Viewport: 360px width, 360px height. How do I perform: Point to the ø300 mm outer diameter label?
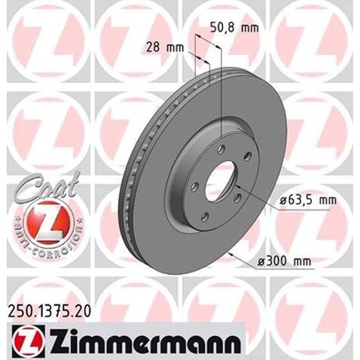(284, 261)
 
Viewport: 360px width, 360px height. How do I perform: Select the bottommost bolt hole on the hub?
(206, 217)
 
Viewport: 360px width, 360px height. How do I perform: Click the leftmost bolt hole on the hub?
(193, 185)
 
